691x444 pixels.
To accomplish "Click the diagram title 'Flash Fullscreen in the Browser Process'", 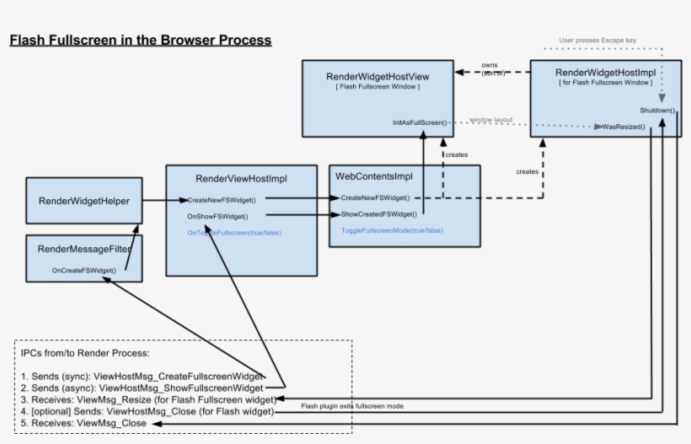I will pyautogui.click(x=140, y=40).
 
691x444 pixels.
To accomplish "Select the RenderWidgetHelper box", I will pyautogui.click(x=83, y=201).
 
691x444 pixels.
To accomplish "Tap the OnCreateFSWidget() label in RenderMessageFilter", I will pyautogui.click(x=83, y=270).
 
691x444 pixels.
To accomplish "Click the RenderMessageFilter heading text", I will pyautogui.click(x=83, y=250).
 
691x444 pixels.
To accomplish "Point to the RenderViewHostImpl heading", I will pyautogui.click(x=241, y=179).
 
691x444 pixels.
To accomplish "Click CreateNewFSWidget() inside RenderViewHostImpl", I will pyautogui.click(x=222, y=200).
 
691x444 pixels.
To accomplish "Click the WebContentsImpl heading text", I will pyautogui.click(x=374, y=176).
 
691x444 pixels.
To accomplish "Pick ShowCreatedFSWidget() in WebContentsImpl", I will pyautogui.click(x=378, y=214).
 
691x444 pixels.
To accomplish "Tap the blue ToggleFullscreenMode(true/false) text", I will pyautogui.click(x=392, y=230).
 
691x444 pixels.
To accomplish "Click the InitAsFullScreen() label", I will pyautogui.click(x=420, y=122).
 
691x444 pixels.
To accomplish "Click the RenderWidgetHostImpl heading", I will pyautogui.click(x=604, y=73).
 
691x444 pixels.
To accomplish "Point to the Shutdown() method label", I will pyautogui.click(x=656, y=111).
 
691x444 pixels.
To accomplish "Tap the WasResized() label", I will pyautogui.click(x=624, y=127).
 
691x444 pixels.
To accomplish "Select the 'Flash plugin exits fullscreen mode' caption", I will pyautogui.click(x=352, y=406).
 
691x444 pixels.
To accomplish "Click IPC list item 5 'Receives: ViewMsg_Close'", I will pyautogui.click(x=84, y=423).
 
